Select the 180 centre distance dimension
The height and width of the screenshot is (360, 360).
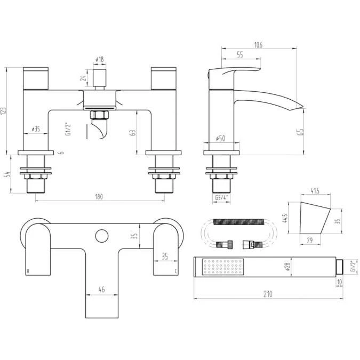point(98,197)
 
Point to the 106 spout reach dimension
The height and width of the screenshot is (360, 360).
point(258,45)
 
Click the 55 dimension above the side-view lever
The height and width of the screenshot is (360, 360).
point(239,54)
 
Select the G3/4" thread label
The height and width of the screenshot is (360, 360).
point(221,197)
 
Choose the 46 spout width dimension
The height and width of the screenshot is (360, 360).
point(101,289)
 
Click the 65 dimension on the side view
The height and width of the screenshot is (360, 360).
point(301,131)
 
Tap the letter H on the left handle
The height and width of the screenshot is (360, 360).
point(27,271)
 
